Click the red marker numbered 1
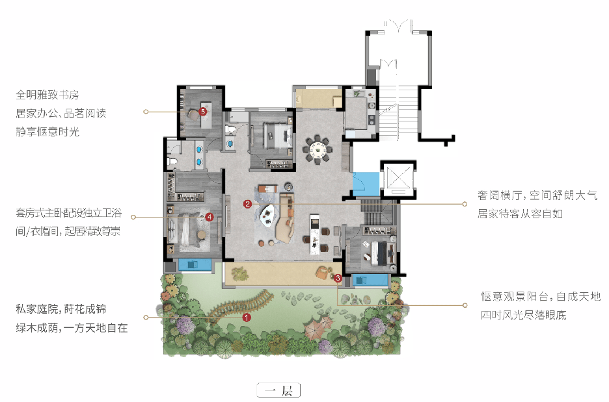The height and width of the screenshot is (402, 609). coord(247,318)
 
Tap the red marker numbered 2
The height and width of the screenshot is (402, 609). coord(247,204)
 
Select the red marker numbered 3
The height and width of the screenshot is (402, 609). coord(338,278)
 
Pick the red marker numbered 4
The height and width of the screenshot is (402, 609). coord(210,217)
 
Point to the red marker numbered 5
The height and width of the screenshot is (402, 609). coord(202,112)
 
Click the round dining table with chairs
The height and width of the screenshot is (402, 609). coord(318,149)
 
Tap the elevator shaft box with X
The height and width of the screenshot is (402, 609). coord(398,179)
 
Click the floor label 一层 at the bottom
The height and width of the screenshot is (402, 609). coord(279,390)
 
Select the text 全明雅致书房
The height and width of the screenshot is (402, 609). coord(47,95)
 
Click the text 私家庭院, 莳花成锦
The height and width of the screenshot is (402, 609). coord(61,309)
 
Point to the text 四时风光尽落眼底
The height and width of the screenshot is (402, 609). coord(524,315)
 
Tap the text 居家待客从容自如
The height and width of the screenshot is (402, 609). coord(520,213)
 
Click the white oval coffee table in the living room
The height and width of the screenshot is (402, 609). coord(267,216)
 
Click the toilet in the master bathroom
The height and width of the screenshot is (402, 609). coord(172,161)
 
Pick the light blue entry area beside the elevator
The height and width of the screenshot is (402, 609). coord(366,184)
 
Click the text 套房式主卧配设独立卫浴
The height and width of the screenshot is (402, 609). coord(69,213)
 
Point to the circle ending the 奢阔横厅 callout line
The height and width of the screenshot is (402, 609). coord(465,204)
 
